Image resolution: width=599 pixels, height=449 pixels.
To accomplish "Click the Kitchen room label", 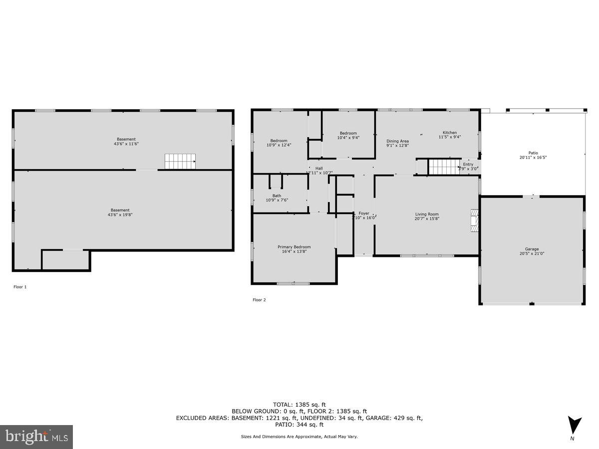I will (x=450, y=133).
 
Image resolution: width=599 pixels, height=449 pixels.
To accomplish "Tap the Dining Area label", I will (x=397, y=141).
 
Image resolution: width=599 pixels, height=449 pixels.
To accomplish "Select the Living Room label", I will (x=427, y=215).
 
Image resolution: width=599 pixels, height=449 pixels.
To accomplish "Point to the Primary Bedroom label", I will (x=294, y=247).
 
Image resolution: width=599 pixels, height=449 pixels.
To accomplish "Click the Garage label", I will (x=532, y=249).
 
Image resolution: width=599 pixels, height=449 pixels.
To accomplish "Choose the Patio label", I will (x=533, y=153).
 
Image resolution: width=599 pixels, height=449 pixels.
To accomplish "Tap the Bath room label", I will (x=277, y=196).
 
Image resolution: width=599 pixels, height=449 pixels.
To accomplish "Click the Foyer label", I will (x=364, y=214).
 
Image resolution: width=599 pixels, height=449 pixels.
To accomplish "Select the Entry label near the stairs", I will (x=468, y=164).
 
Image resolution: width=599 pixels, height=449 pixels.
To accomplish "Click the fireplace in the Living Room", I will (x=474, y=221).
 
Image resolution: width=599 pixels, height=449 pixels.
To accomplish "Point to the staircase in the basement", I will (x=180, y=162).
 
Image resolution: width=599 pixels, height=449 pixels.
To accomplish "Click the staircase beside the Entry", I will (x=444, y=167).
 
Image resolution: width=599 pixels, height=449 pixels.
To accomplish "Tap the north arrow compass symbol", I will (x=575, y=426).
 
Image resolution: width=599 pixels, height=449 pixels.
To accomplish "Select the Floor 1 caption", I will (x=20, y=287).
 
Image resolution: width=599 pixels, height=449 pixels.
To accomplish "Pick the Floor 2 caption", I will (x=259, y=300).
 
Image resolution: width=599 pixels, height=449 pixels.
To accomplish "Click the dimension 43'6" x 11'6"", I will (x=126, y=144).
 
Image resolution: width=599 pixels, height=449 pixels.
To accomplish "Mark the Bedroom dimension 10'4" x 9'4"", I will (x=348, y=138).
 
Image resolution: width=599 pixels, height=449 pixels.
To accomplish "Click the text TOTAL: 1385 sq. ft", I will (x=299, y=405).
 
